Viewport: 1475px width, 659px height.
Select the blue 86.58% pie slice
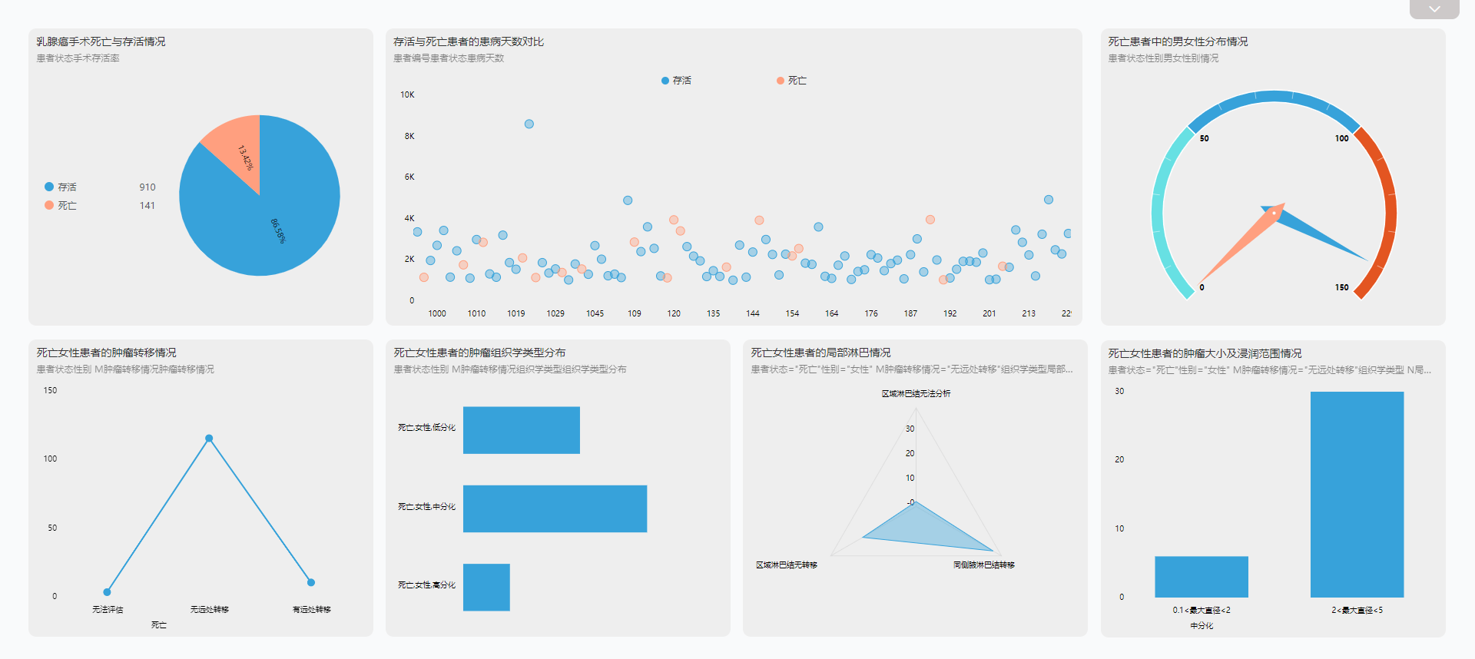click(x=269, y=219)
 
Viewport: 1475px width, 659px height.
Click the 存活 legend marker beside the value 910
click(x=49, y=187)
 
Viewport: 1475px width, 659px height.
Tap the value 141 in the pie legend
click(x=147, y=206)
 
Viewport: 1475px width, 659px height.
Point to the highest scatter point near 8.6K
click(x=529, y=124)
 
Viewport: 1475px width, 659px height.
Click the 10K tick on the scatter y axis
click(x=407, y=95)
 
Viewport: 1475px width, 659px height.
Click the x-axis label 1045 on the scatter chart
click(x=595, y=313)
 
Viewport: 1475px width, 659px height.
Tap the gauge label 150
click(x=1341, y=287)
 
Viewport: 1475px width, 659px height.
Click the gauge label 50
click(x=1204, y=139)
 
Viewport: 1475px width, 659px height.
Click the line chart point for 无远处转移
click(x=209, y=439)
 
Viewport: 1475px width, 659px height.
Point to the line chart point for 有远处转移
click(x=311, y=582)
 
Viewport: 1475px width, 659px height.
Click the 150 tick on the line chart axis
click(x=50, y=390)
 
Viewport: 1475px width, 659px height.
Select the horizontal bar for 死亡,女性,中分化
click(x=555, y=508)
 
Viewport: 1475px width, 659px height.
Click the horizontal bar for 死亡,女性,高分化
click(x=486, y=588)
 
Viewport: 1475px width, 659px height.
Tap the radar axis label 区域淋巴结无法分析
click(x=916, y=393)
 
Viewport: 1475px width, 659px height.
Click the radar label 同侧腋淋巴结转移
click(x=983, y=565)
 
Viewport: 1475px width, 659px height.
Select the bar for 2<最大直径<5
click(x=1357, y=495)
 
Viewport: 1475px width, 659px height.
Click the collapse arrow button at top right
click(x=1434, y=9)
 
